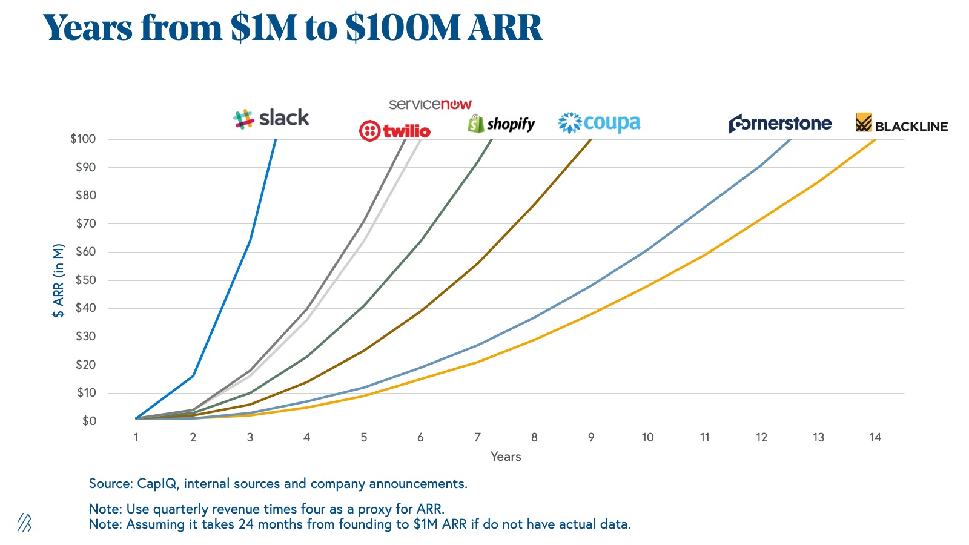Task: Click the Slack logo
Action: [271, 118]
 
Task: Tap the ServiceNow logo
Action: [430, 104]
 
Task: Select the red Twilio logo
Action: [395, 131]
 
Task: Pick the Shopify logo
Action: [501, 124]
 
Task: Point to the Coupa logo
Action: [599, 123]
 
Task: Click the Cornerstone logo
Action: [780, 124]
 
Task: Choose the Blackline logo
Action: [902, 124]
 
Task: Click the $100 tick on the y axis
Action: [83, 139]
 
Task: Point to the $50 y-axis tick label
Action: [85, 280]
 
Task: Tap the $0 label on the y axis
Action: [89, 421]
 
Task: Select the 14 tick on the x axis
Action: [875, 437]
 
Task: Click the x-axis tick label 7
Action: [477, 437]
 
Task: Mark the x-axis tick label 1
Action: [136, 437]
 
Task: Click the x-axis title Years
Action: [506, 457]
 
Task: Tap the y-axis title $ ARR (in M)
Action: [58, 280]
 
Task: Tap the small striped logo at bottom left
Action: [24, 523]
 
